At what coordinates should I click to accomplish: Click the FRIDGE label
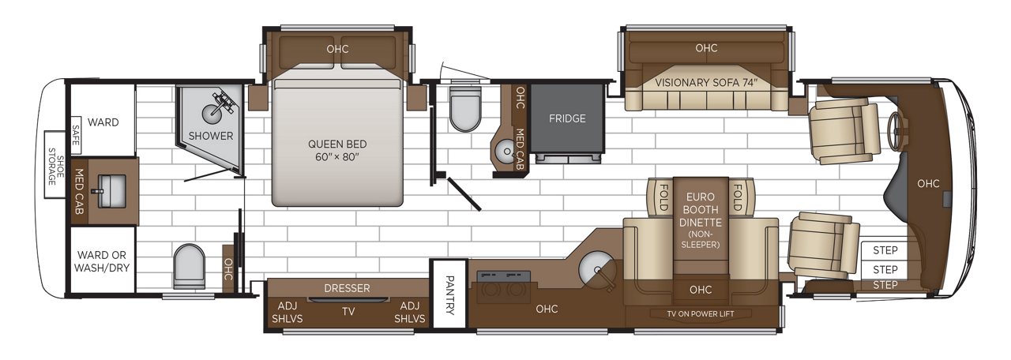[567, 119]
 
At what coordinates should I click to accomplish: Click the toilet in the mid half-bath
[464, 108]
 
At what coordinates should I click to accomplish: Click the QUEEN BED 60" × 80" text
[338, 150]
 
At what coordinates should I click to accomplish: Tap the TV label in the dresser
[348, 311]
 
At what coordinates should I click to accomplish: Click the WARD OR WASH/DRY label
[103, 261]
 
